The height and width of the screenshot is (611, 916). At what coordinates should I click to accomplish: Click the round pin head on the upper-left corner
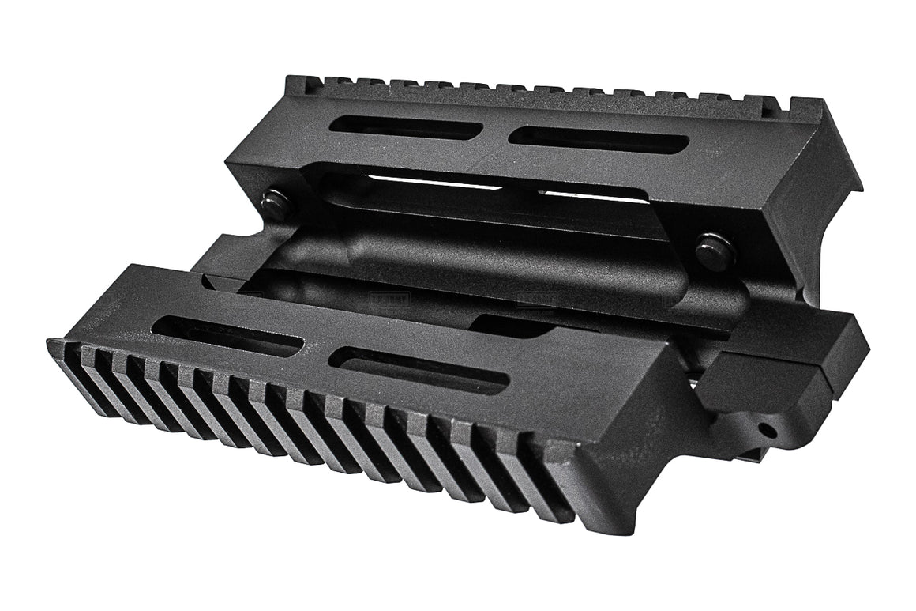277,204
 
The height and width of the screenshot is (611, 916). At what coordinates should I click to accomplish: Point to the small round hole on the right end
765,429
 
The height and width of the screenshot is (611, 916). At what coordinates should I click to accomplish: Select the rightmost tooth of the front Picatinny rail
553,494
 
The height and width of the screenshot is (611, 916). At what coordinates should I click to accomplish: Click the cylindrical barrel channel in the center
474,261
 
